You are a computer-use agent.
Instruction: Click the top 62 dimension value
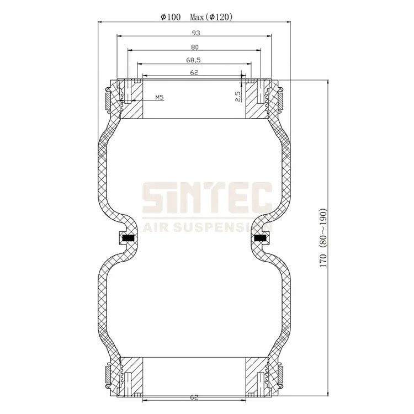tap(194, 72)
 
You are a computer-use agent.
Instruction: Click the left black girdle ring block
tap(128, 238)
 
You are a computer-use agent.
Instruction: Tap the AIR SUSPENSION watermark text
tap(207, 226)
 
